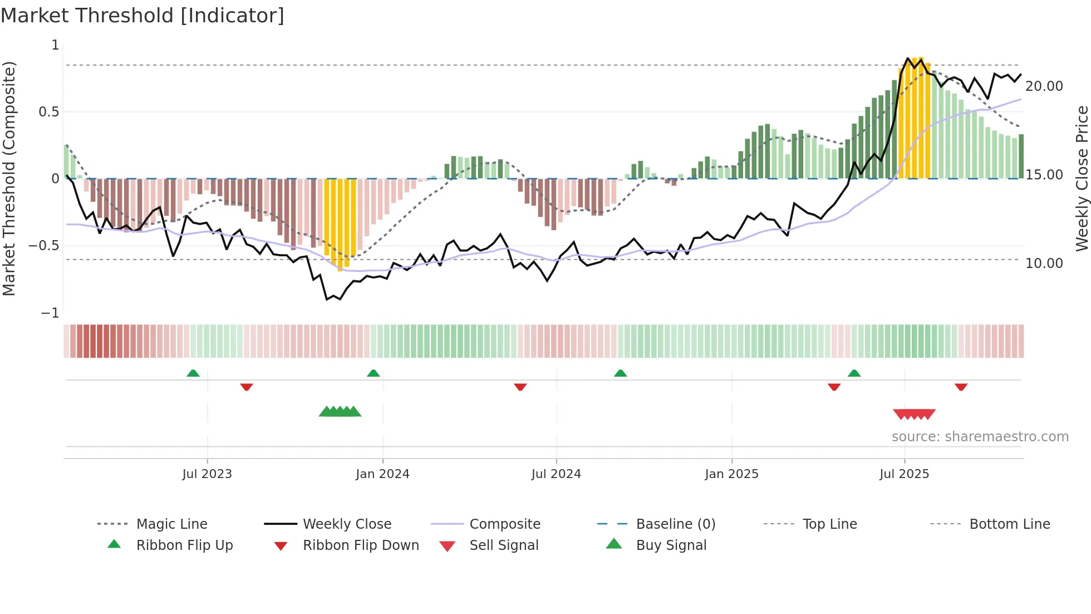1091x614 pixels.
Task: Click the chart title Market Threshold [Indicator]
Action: (x=142, y=16)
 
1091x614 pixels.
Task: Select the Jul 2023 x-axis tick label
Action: (x=207, y=474)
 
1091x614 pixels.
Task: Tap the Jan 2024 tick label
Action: (x=382, y=474)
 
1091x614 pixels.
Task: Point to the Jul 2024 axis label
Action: (x=556, y=474)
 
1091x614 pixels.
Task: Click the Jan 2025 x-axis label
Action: (x=731, y=474)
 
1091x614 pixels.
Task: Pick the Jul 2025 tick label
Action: (x=905, y=474)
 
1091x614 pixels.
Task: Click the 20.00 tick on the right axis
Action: (x=1044, y=86)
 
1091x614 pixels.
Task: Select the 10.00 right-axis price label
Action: (x=1044, y=264)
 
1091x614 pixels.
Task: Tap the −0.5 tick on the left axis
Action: (x=43, y=246)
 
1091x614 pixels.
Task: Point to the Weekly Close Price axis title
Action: (x=1082, y=178)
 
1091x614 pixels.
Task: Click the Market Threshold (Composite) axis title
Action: (x=9, y=178)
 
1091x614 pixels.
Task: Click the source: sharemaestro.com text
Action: (x=980, y=437)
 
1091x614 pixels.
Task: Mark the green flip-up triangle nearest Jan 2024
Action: (x=374, y=373)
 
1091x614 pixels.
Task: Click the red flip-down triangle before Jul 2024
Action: (x=520, y=387)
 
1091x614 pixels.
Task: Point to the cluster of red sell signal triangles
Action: (x=914, y=414)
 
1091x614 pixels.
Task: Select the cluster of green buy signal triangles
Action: (x=340, y=412)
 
